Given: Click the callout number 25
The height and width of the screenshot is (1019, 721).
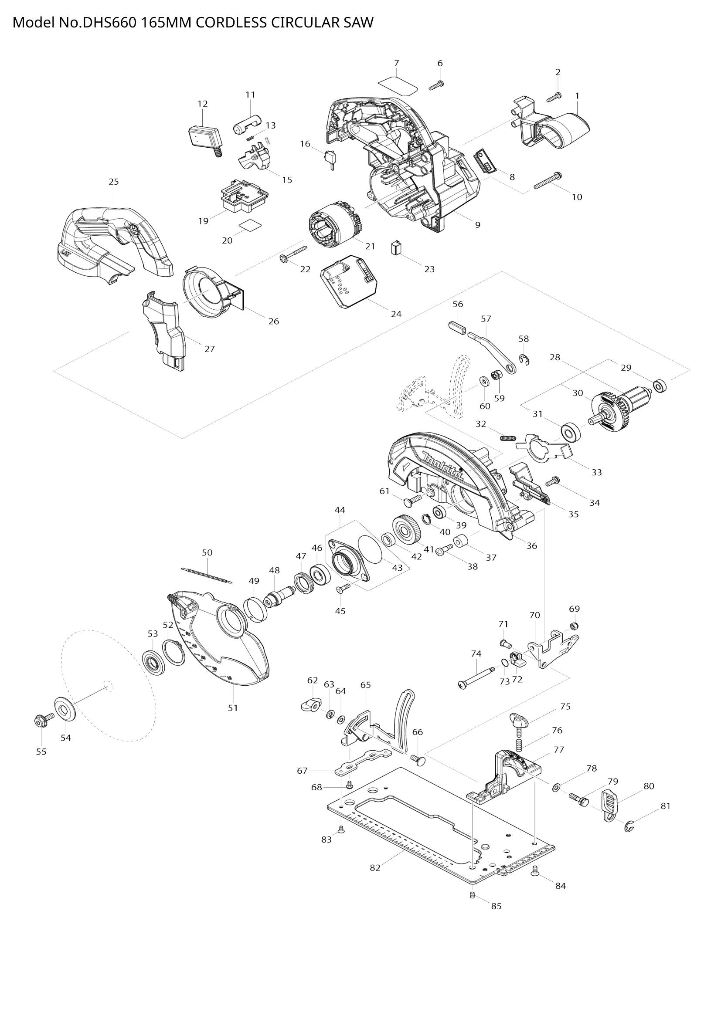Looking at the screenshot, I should coord(114,182).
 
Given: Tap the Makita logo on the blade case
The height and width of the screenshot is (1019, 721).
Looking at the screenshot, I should coord(442,466).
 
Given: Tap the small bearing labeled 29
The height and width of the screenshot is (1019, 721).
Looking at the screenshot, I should coord(660,386).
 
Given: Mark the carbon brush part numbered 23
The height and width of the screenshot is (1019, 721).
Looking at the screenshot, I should coord(396,248).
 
